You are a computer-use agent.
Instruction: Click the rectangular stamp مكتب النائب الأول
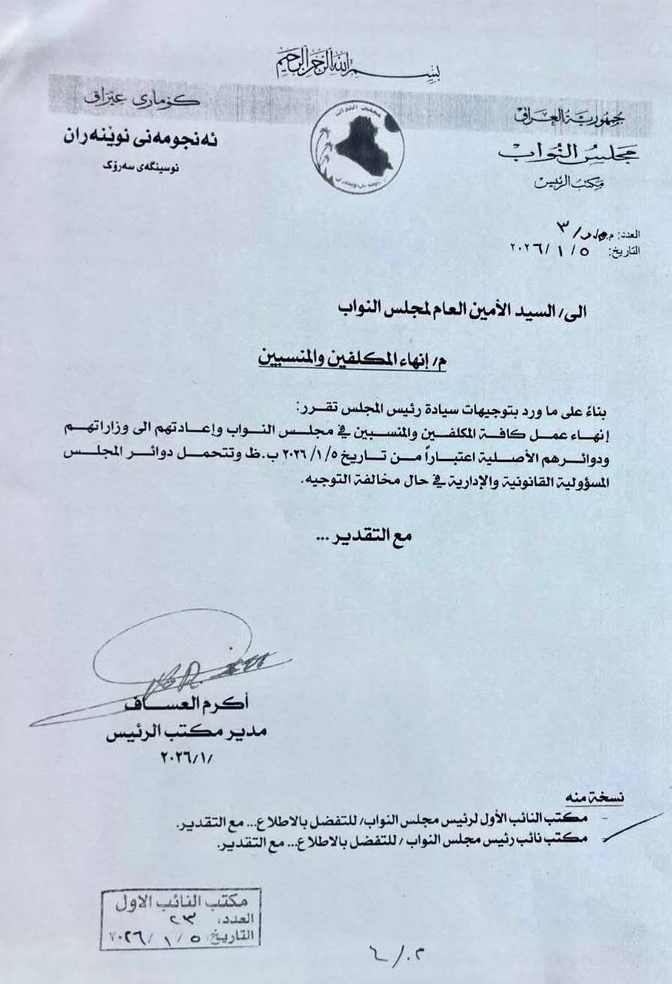(x=181, y=919)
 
